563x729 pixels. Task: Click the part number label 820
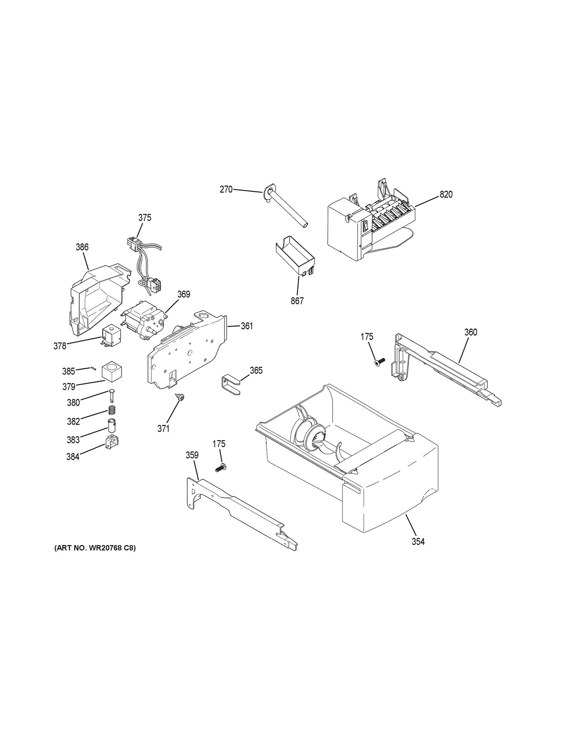446,194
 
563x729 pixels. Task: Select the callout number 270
226,189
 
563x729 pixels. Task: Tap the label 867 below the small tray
297,301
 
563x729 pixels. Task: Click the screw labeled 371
181,397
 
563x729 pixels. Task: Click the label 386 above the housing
82,247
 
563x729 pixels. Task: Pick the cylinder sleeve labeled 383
111,425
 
